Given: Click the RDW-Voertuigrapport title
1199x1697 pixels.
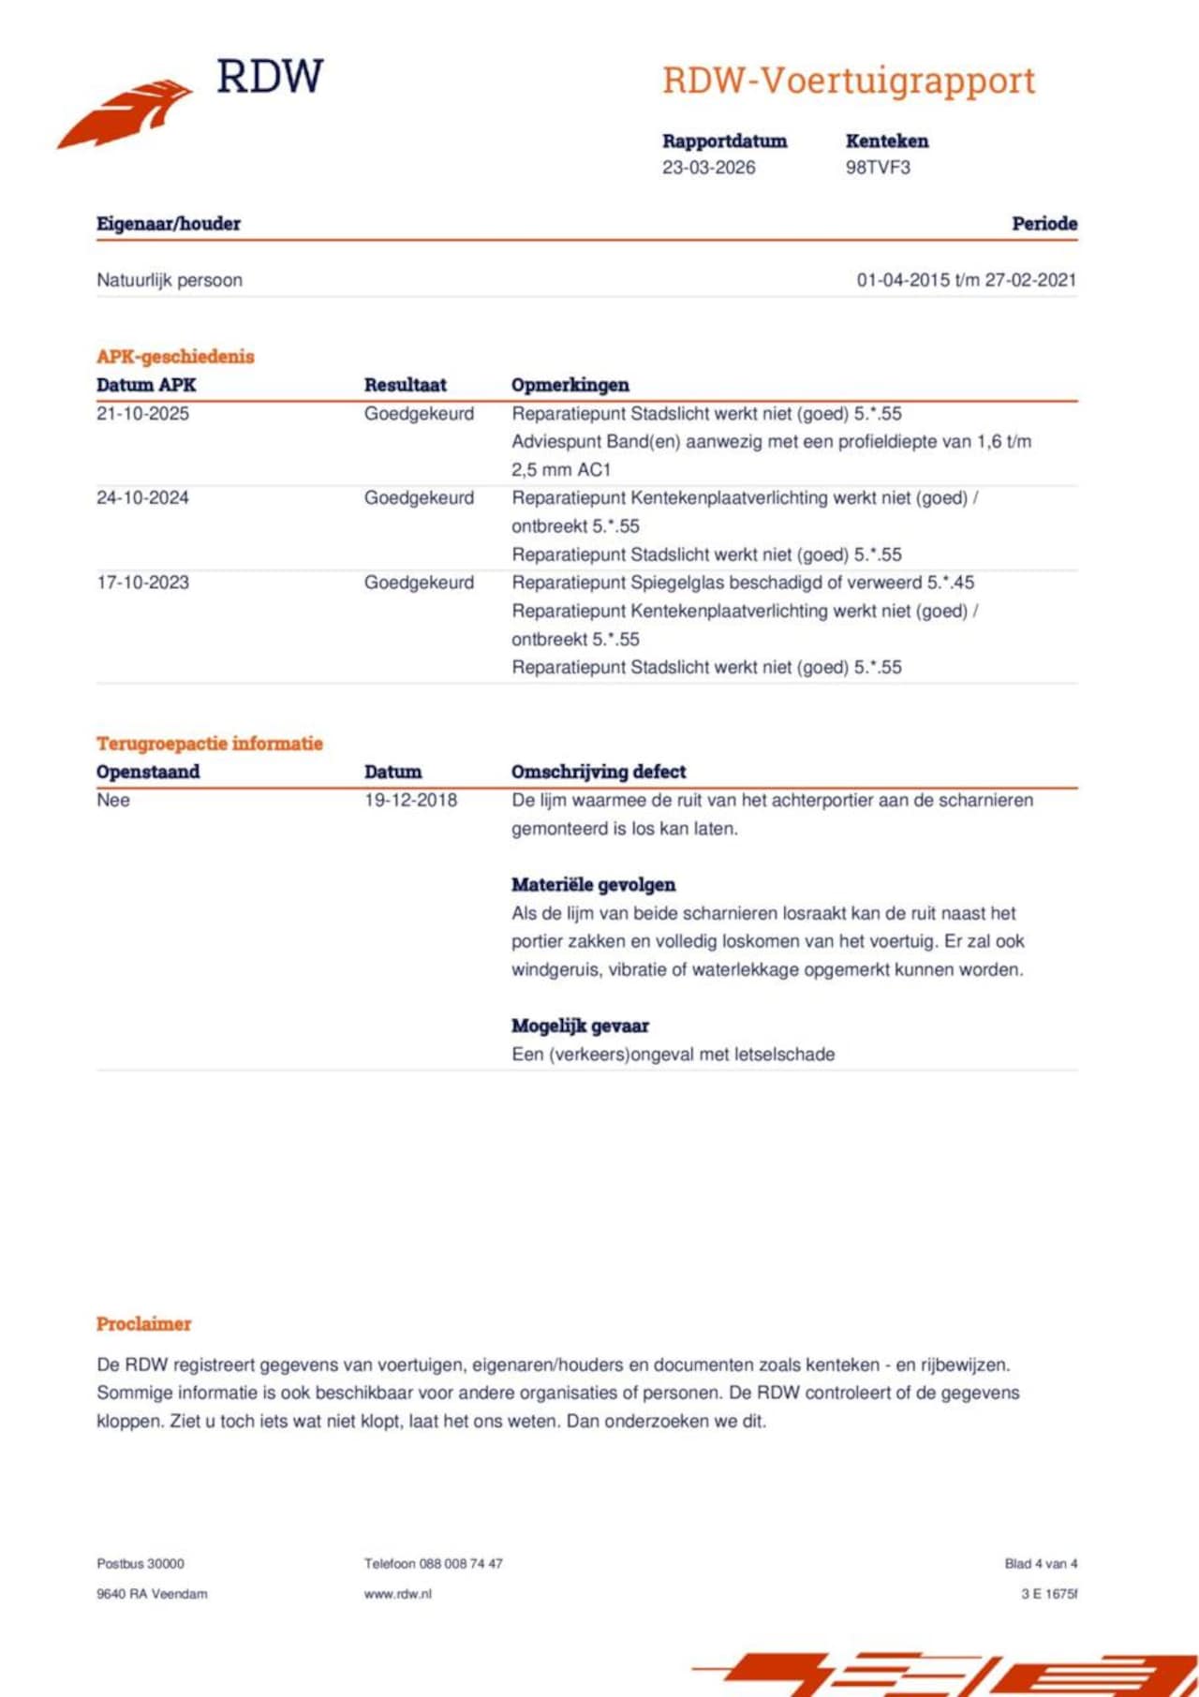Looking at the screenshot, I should click(x=849, y=81).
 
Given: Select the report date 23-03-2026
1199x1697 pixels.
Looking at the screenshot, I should click(x=708, y=168).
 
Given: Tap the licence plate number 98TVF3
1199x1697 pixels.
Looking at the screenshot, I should click(x=878, y=168).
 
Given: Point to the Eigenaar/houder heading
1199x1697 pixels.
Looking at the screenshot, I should click(x=169, y=224).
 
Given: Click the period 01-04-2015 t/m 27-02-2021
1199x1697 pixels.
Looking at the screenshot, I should click(x=966, y=280).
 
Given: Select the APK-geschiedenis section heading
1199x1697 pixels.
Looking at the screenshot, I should click(x=175, y=356).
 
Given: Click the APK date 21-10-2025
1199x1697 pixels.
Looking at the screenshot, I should click(x=142, y=414).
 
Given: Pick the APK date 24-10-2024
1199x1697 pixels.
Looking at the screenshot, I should click(x=142, y=498).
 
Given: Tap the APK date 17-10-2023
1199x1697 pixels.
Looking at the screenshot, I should click(x=142, y=583).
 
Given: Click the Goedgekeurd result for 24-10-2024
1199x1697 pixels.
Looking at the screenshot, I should click(x=419, y=498).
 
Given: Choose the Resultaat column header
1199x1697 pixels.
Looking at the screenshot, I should click(x=405, y=385).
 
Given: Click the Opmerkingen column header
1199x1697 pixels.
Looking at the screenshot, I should click(x=570, y=385).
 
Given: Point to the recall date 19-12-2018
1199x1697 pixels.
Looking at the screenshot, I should click(x=410, y=801).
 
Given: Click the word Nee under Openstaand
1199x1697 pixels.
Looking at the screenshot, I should click(x=113, y=801).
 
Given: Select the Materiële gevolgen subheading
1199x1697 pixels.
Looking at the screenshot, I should click(x=593, y=885).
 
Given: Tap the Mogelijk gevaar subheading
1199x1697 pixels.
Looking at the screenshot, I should click(x=580, y=1026).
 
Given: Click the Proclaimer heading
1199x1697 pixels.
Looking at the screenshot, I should click(x=143, y=1324).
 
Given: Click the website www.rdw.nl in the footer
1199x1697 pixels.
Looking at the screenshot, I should click(x=398, y=1594).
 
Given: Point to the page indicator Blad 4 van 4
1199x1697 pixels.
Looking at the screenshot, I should click(x=1041, y=1564).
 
